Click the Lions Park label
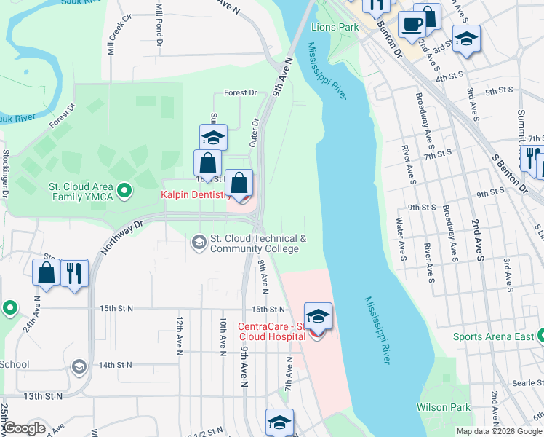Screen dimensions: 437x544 pos(335,27)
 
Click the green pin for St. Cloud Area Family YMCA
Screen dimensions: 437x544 pos(124,191)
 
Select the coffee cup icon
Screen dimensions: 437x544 pos(412,23)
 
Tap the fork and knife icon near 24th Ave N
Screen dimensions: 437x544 pos(74,273)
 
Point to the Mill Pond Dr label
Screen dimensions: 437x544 pos(159,25)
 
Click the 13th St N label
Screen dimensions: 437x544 pos(43,395)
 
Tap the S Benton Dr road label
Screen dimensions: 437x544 pos(508,173)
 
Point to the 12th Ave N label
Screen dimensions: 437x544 pos(179,335)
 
